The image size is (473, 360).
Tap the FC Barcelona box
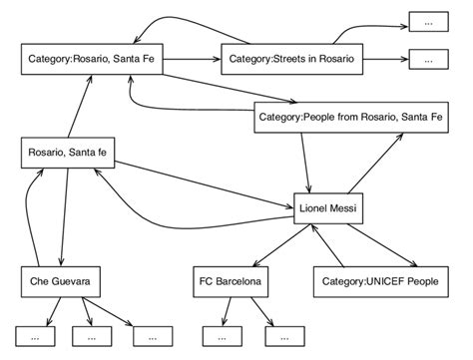(x=231, y=283)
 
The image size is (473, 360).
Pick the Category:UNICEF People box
(x=380, y=283)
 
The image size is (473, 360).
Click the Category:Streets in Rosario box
(x=291, y=60)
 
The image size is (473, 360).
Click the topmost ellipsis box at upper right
(x=428, y=22)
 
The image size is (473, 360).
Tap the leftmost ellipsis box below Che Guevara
(x=35, y=337)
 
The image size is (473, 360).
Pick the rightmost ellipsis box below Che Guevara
(x=152, y=337)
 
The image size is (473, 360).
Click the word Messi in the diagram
(x=346, y=208)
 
